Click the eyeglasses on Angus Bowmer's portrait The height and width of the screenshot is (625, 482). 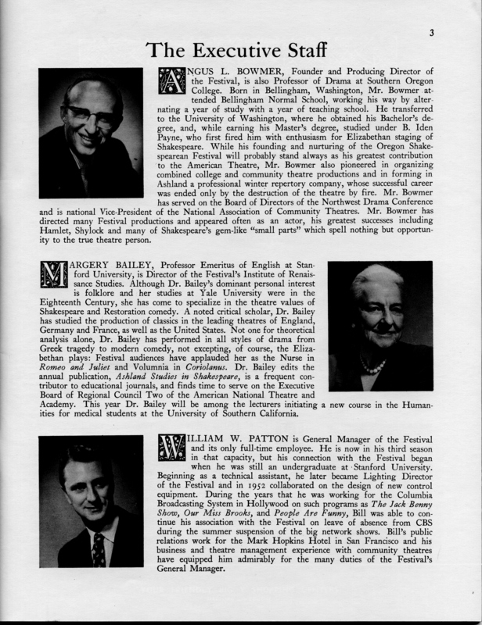coord(91,118)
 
